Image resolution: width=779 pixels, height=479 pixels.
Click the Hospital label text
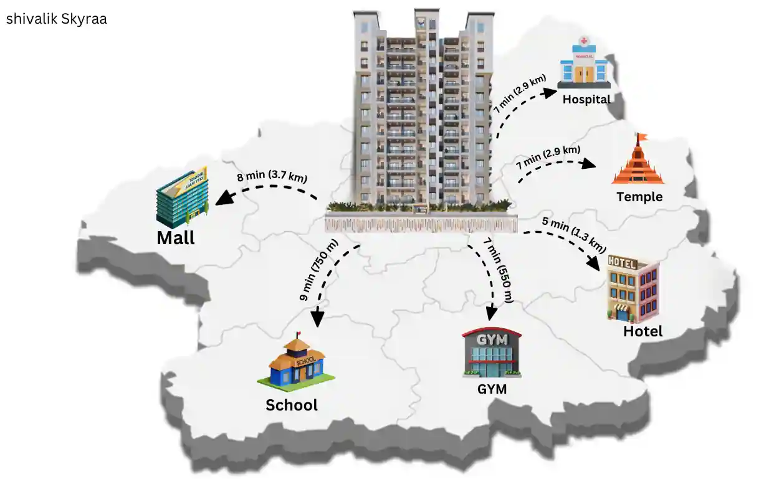586,99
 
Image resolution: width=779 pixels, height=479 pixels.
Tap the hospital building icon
584,62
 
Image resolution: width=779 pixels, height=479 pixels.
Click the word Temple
639,197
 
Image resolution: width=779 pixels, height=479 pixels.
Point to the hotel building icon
633,288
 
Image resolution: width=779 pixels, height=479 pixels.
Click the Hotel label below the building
643,331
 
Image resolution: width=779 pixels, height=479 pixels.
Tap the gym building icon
492,353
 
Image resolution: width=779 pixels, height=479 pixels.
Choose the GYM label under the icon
492,390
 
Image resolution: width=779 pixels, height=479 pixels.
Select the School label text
292,405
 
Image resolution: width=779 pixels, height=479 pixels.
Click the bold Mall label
176,238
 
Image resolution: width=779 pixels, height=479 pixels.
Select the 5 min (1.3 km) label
574,234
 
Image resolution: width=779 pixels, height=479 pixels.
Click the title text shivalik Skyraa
57,19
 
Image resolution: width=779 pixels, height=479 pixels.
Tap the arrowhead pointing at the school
317,319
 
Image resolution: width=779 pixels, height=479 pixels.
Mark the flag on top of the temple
641,138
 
